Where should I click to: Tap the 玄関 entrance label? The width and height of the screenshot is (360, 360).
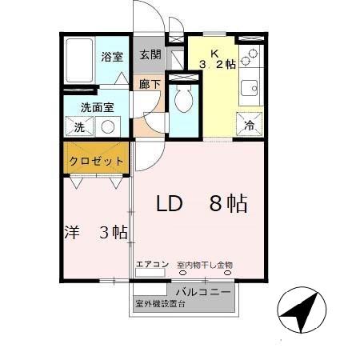click(x=150, y=55)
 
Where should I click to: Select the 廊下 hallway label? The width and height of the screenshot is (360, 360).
click(x=149, y=83)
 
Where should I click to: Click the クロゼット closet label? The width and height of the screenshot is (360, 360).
click(x=96, y=160)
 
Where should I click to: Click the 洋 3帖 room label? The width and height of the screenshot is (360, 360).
click(x=95, y=233)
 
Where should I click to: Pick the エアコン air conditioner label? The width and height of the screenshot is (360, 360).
click(x=151, y=265)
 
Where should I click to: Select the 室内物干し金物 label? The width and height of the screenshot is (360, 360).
click(x=204, y=265)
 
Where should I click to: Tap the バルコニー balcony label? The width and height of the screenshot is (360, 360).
click(x=204, y=291)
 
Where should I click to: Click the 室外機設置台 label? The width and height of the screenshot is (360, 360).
click(x=160, y=305)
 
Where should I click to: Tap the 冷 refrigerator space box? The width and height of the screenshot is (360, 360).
click(x=249, y=125)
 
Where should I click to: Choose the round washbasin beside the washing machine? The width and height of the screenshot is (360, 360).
click(x=107, y=126)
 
